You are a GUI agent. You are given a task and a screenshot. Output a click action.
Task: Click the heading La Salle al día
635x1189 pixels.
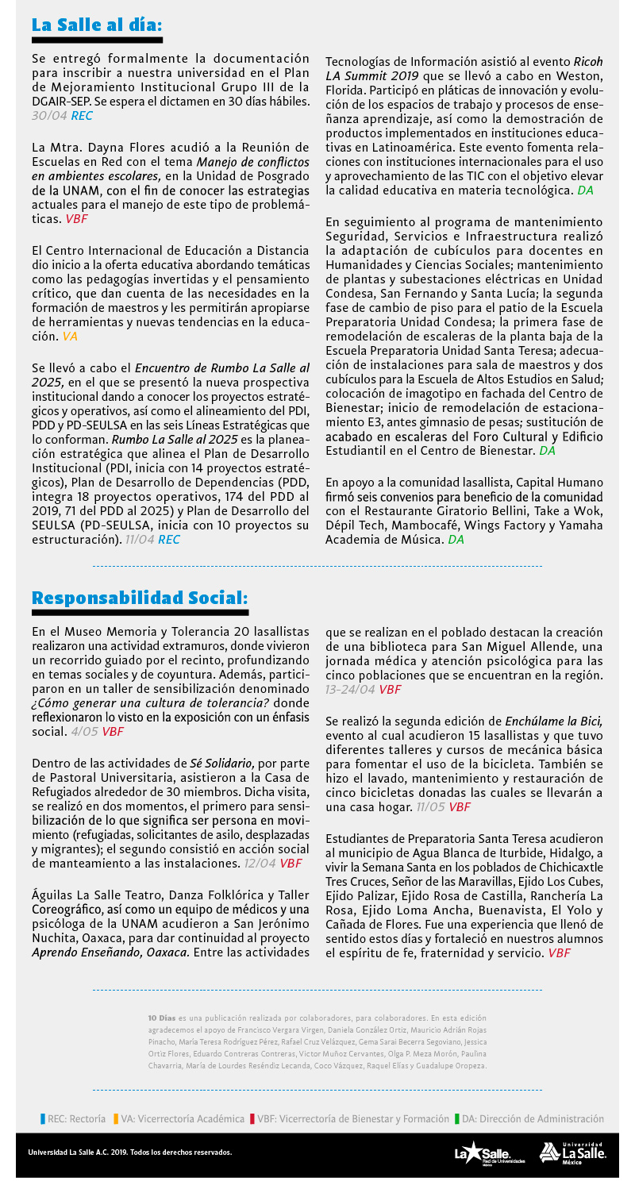tap(97, 24)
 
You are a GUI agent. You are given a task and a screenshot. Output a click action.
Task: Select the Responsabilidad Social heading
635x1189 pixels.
tap(140, 597)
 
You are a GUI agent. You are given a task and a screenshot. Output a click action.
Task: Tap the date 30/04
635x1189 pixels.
tap(49, 116)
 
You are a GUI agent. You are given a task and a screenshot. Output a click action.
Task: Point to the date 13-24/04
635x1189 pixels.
tap(350, 689)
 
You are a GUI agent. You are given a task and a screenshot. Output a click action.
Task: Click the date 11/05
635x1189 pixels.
tap(431, 806)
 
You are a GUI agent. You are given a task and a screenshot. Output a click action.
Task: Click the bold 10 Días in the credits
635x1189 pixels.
tap(162, 1017)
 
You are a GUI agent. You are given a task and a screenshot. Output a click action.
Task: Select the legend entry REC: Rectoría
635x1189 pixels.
tap(74, 1119)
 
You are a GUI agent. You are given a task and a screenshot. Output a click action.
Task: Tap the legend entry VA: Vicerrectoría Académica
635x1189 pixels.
tap(179, 1119)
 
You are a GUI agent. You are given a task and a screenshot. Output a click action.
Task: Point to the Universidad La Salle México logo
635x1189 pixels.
tap(573, 1152)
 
